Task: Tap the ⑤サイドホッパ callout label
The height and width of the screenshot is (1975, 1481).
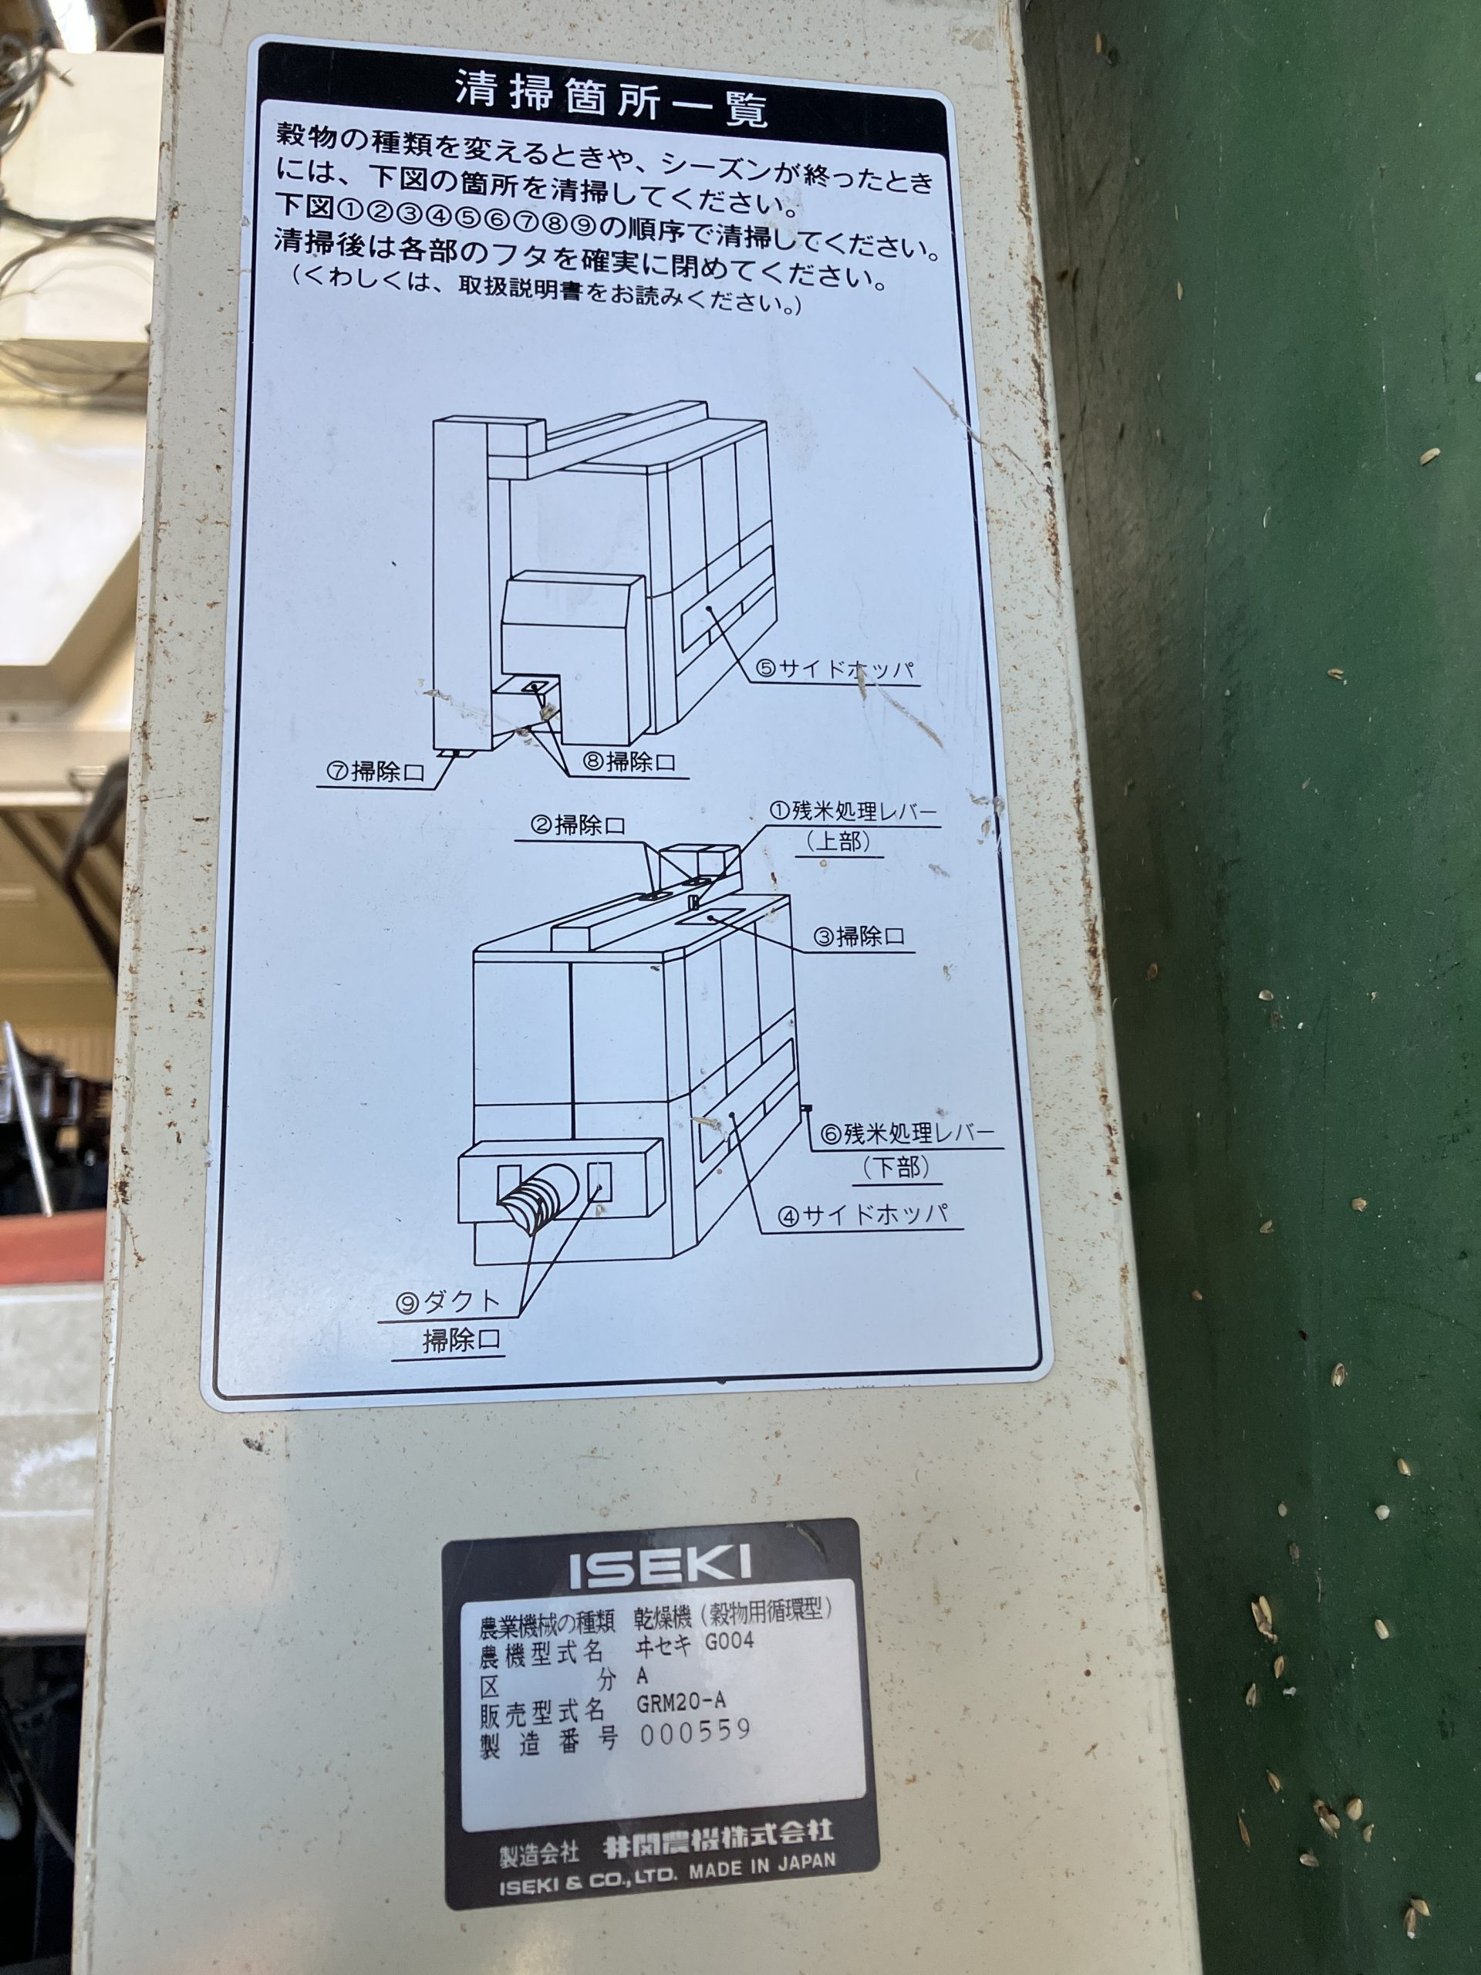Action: click(835, 669)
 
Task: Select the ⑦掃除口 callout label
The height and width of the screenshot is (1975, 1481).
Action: click(375, 771)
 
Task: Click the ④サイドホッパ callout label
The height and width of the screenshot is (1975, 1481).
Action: click(861, 1214)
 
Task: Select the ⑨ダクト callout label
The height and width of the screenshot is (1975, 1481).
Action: click(448, 1303)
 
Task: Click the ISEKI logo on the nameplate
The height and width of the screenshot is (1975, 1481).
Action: click(660, 1568)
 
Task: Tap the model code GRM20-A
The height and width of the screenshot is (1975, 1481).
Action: click(680, 1702)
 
